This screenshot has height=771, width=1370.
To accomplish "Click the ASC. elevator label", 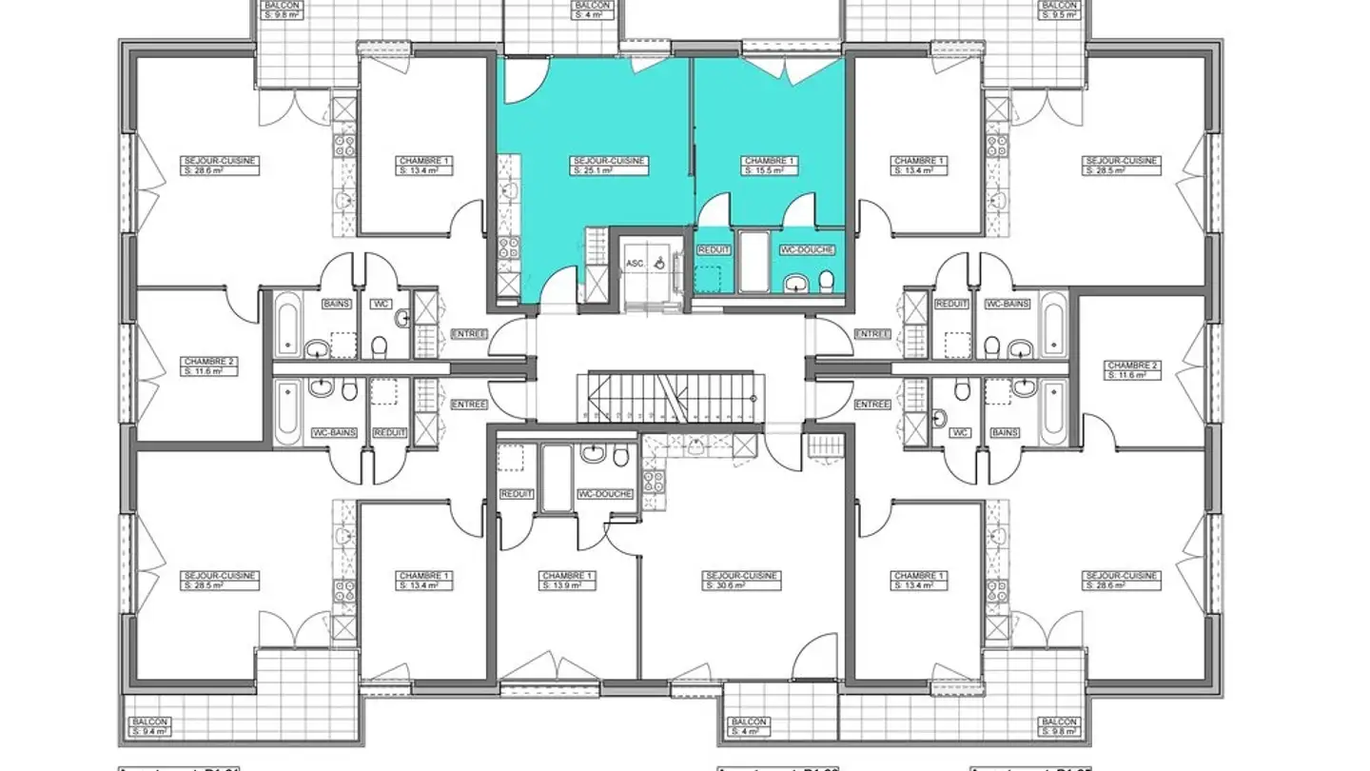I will pos(635,263).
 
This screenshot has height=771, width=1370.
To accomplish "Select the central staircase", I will pos(671,397).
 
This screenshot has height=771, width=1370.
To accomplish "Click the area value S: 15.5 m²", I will pos(763,171).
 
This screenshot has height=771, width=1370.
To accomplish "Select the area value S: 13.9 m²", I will pos(567,586).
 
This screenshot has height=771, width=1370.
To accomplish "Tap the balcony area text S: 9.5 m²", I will pos(1059,15).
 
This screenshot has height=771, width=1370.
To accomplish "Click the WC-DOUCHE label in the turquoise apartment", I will pos(808,249).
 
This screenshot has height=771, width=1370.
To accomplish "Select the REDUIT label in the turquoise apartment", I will pos(714,249).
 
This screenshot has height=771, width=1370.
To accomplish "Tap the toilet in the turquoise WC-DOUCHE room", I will pos(826,280).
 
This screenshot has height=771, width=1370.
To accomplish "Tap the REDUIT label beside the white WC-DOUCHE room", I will pos(517,494).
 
